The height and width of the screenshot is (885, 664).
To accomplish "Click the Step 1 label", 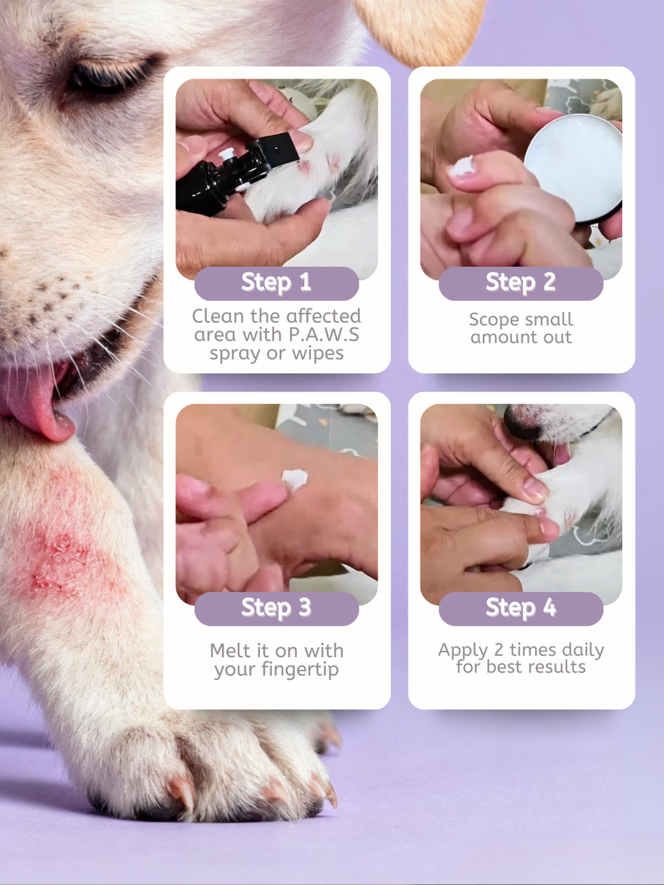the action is click(x=276, y=282).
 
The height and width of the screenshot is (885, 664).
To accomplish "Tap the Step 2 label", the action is click(x=521, y=282).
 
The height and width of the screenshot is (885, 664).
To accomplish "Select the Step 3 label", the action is click(x=276, y=608).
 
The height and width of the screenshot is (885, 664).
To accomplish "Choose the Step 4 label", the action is click(x=521, y=608).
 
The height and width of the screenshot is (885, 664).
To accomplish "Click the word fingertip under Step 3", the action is click(x=300, y=670).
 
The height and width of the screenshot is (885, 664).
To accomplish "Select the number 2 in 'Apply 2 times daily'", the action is click(x=499, y=650).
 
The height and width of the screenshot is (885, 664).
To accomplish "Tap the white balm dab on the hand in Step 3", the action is click(x=295, y=479).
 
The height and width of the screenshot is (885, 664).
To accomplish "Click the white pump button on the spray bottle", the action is click(x=227, y=154).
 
